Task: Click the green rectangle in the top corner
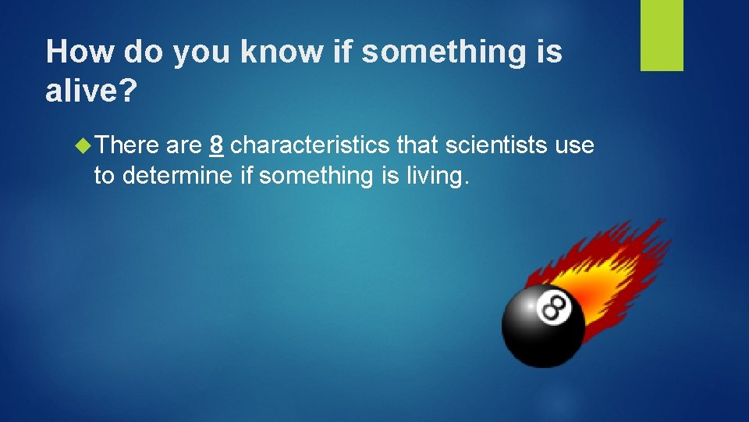662,35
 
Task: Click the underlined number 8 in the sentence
218,145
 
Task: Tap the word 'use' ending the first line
574,145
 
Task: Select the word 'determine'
177,176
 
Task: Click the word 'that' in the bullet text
417,145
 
